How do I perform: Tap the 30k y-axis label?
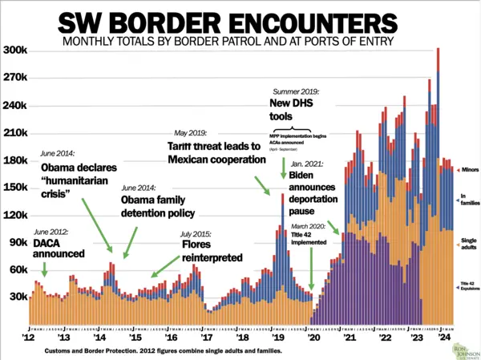[x=17, y=297]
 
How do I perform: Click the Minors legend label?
[x=469, y=171]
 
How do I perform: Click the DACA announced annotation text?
[x=59, y=248]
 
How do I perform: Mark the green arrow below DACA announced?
[x=43, y=269]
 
